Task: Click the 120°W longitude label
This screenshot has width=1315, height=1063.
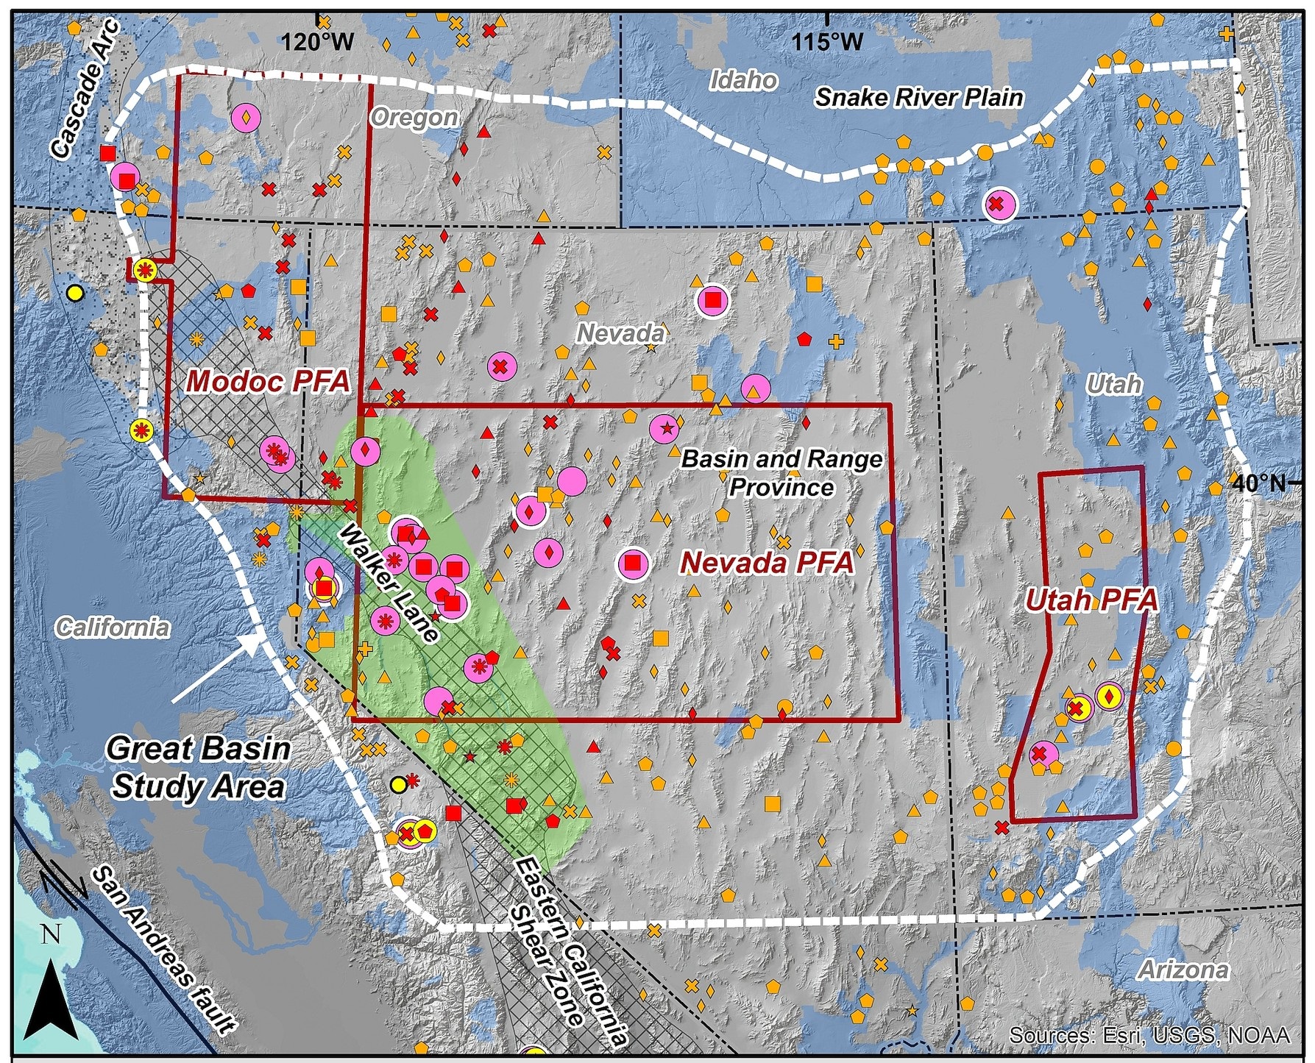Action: pyautogui.click(x=317, y=43)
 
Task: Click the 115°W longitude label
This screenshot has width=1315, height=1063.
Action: pyautogui.click(x=828, y=43)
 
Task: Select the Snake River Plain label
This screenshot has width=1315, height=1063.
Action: pyautogui.click(x=919, y=97)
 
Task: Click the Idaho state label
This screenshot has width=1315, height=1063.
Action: pyautogui.click(x=744, y=80)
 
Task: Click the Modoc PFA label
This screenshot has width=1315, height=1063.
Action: pyautogui.click(x=268, y=382)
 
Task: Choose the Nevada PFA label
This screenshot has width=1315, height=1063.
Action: pyautogui.click(x=767, y=564)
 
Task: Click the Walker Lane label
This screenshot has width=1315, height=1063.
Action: pyautogui.click(x=389, y=583)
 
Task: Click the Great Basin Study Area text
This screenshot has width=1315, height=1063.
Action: pyautogui.click(x=198, y=767)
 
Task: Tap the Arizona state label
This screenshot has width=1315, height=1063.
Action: pyautogui.click(x=1183, y=970)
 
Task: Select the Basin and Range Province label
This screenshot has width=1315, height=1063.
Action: pyautogui.click(x=781, y=473)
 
